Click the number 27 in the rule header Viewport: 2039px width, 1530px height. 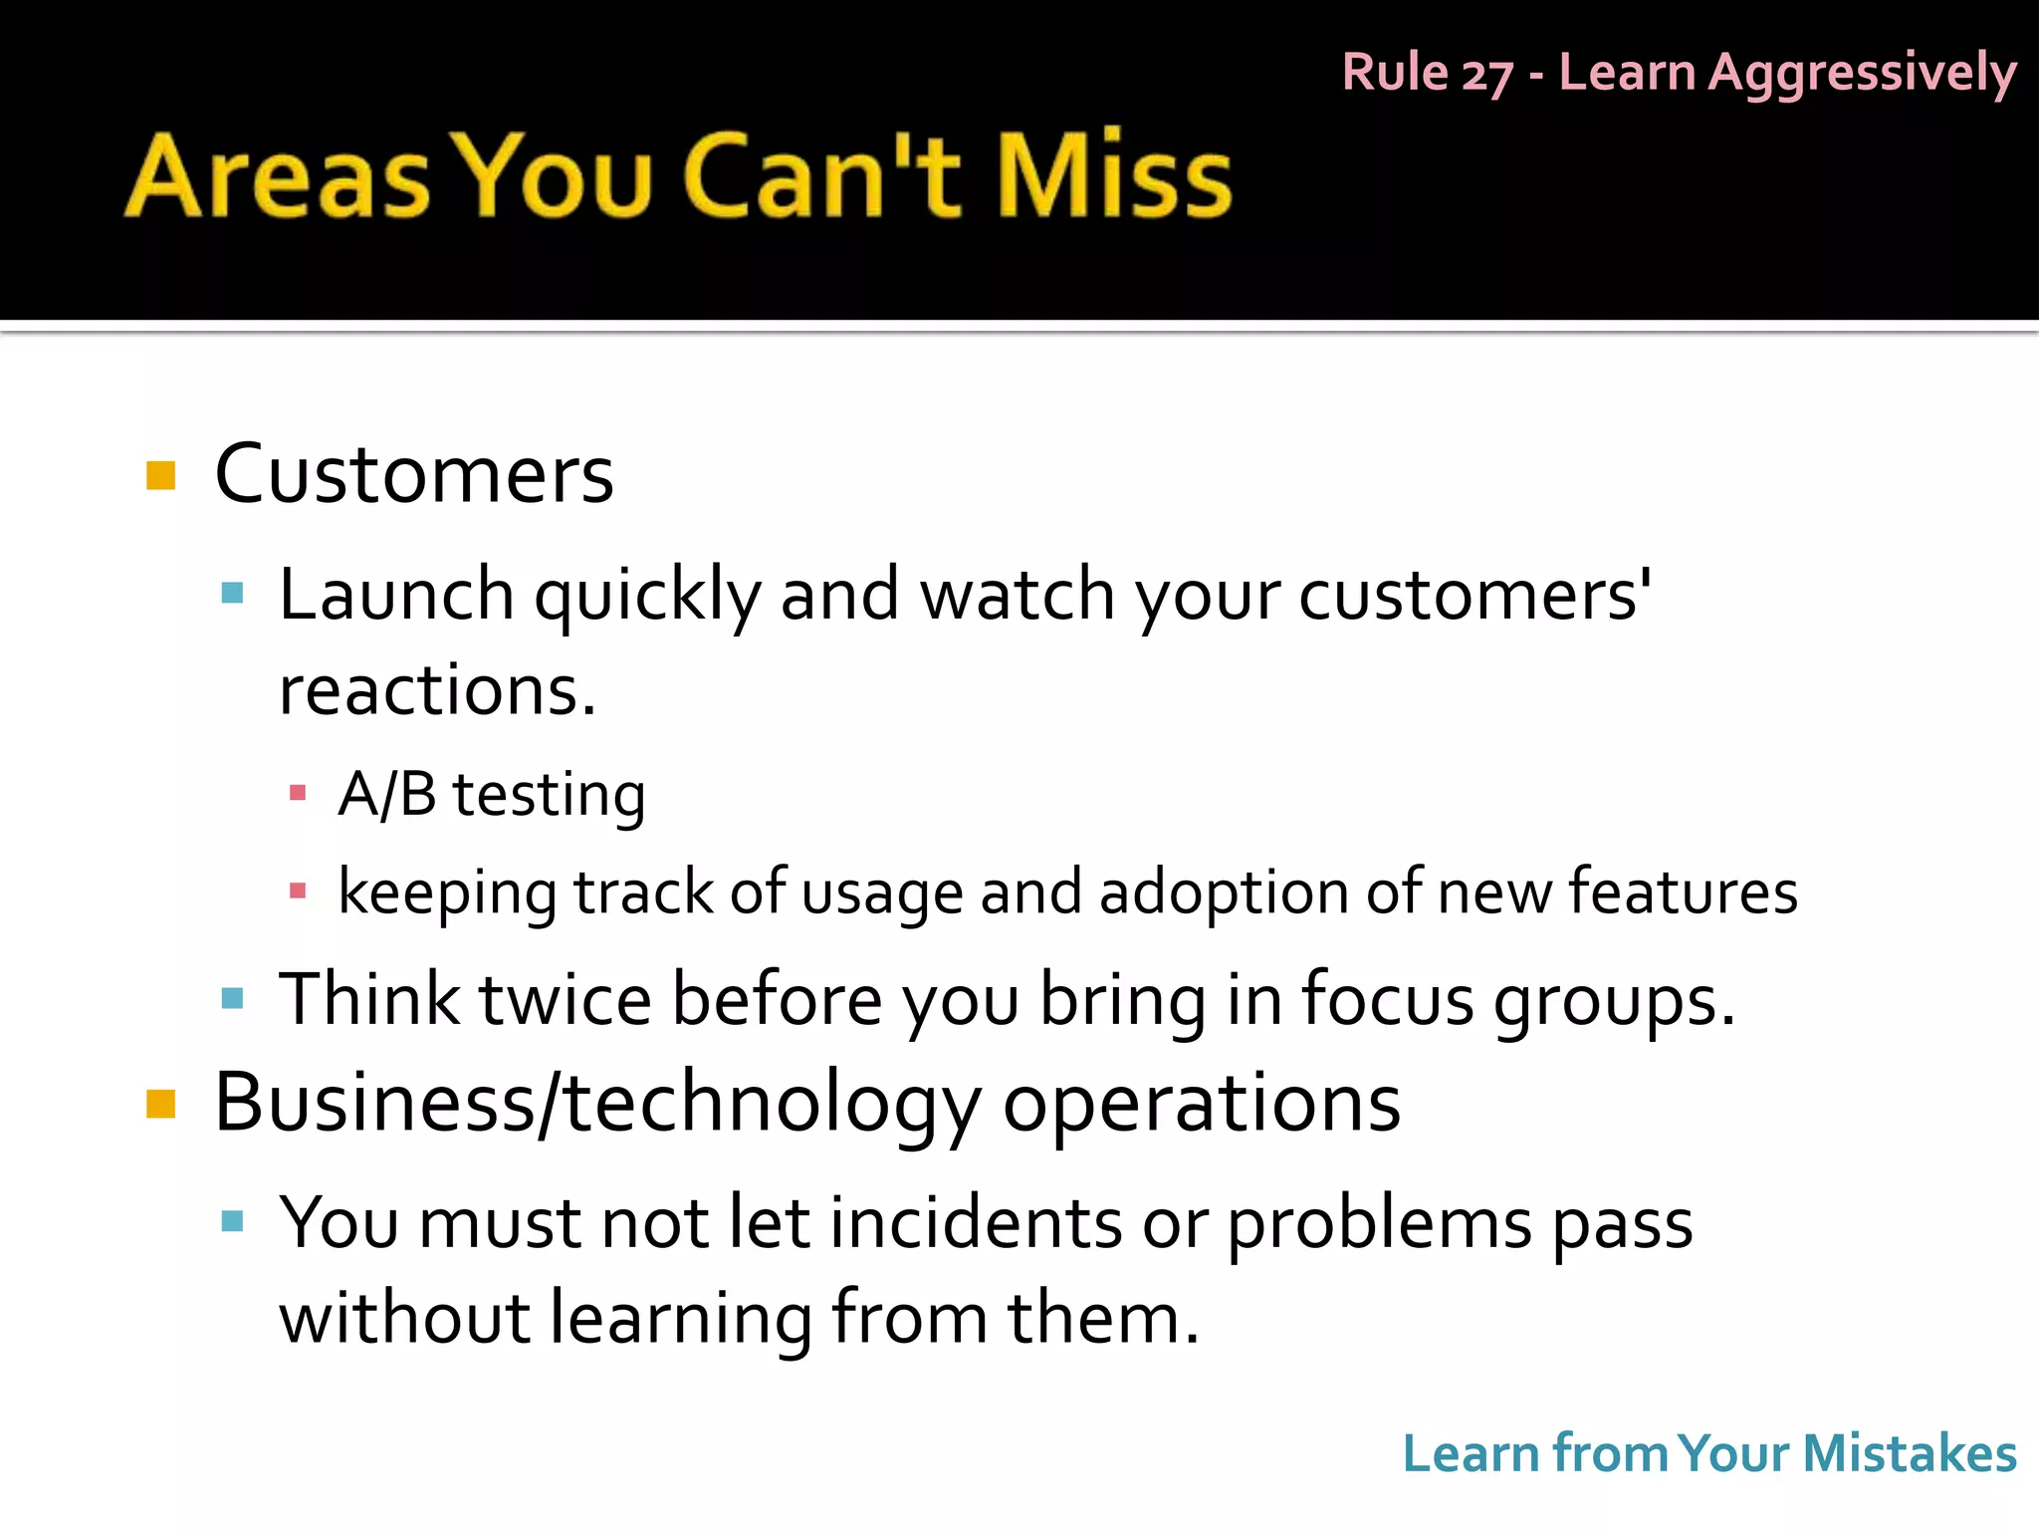[1487, 74]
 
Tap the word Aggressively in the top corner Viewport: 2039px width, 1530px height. [1862, 74]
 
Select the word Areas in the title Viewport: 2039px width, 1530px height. [279, 176]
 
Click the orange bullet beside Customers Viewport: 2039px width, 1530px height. [160, 475]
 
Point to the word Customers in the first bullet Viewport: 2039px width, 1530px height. [414, 474]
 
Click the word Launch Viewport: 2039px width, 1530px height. [396, 595]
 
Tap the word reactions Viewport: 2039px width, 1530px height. [436, 689]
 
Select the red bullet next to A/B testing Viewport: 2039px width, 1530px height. [297, 793]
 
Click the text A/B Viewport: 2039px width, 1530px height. [387, 794]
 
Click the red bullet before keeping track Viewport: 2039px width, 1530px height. [297, 891]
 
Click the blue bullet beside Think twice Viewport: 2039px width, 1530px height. [232, 998]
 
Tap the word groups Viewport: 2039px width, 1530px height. [1613, 999]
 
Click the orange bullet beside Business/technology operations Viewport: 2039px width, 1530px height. [160, 1104]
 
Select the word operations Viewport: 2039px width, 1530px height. [1202, 1104]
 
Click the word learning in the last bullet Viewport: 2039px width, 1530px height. [681, 1319]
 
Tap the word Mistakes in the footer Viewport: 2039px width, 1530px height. [1910, 1453]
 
